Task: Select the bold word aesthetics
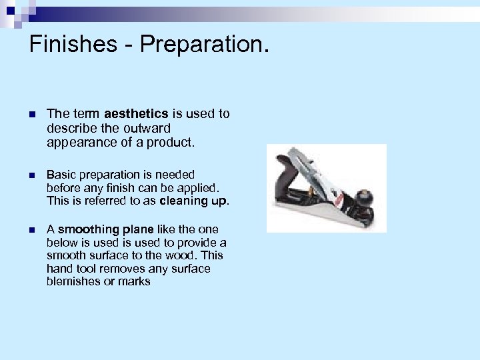(x=136, y=114)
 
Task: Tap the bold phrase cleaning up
(x=194, y=200)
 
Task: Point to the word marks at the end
(x=134, y=281)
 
